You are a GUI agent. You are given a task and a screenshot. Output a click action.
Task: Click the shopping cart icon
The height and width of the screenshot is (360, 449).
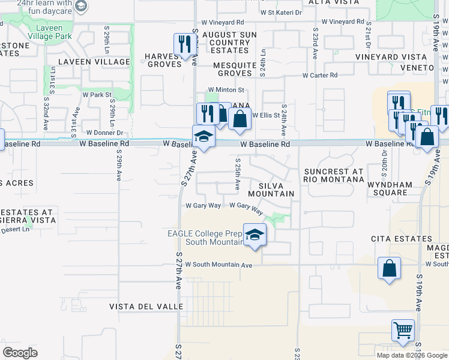click(x=403, y=330)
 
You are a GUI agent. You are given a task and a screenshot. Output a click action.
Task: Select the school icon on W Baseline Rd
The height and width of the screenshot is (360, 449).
click(x=203, y=137)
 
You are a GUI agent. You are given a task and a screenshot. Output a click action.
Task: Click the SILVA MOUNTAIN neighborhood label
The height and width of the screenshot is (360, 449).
click(x=271, y=189)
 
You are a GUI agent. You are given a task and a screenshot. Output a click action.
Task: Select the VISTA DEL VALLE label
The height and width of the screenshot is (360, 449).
click(x=146, y=307)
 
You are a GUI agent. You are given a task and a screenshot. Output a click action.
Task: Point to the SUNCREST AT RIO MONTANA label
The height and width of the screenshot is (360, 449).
click(x=333, y=175)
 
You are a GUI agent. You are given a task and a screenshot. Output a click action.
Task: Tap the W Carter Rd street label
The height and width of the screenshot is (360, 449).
click(x=320, y=76)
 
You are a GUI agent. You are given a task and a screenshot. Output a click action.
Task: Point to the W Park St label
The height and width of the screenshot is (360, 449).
click(x=97, y=95)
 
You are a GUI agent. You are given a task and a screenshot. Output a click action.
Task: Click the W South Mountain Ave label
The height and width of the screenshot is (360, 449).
click(x=219, y=265)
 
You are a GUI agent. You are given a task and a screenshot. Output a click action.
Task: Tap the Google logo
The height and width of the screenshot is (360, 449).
click(x=20, y=353)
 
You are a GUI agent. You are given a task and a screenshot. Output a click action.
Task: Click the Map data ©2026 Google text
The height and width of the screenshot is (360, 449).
click(x=412, y=355)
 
